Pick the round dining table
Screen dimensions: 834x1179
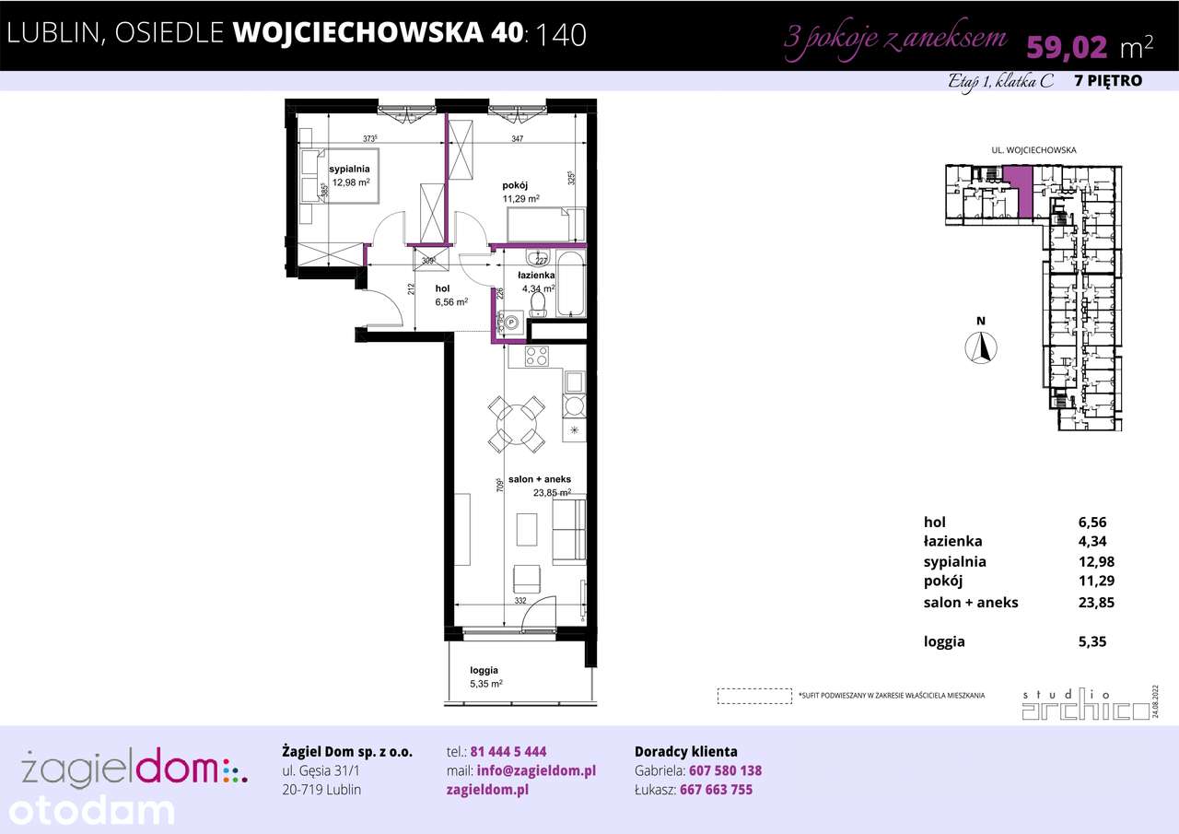click(x=516, y=424)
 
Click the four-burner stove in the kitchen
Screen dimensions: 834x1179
click(x=537, y=356)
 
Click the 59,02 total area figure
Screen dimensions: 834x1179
click(x=1068, y=45)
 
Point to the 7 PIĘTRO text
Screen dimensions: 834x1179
click(x=1108, y=81)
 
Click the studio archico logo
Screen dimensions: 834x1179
click(x=1080, y=705)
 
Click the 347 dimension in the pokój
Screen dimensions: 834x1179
click(x=519, y=138)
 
